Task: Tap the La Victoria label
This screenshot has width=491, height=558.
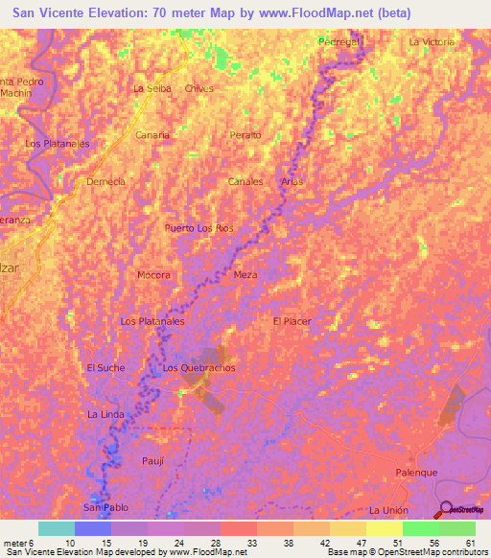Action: (431, 42)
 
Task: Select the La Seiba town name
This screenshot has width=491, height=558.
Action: (152, 88)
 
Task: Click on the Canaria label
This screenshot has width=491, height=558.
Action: (152, 135)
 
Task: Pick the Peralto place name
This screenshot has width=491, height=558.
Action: (245, 135)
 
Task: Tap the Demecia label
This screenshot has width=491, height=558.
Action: (105, 181)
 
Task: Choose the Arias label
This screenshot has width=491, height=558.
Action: (292, 181)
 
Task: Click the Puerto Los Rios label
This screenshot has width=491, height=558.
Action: (199, 228)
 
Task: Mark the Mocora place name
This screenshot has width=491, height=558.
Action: (153, 275)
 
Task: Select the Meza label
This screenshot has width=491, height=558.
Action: (245, 275)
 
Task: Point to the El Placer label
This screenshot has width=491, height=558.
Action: (292, 321)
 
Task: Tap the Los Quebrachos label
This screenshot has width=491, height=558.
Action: (199, 368)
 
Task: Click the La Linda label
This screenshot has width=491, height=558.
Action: (105, 414)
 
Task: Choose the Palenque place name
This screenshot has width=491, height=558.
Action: (417, 473)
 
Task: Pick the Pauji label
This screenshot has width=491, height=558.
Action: (152, 461)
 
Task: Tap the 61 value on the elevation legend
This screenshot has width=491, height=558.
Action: (470, 543)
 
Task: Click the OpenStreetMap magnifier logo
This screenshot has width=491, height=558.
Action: (447, 509)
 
